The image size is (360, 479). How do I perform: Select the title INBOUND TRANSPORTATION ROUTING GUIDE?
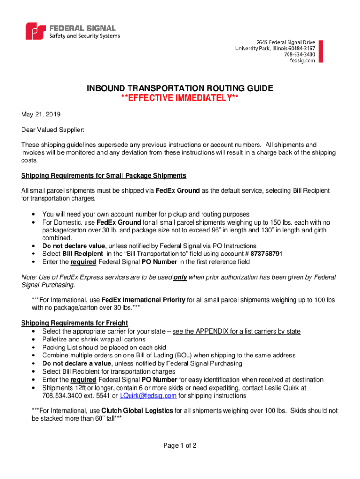point(180,88)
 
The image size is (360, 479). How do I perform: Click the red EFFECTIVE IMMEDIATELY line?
point(180,98)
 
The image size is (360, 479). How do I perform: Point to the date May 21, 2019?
point(41,114)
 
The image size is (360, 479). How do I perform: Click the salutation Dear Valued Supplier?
point(52,130)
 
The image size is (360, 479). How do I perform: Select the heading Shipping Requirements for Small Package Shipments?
point(104,175)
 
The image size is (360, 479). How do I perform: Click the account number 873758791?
point(266,254)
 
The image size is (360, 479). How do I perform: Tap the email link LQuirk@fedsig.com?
point(148,395)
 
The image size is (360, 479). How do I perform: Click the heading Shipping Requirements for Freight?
point(75,323)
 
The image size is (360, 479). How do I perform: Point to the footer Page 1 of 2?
point(180,446)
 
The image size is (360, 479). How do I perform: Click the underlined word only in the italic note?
point(180,277)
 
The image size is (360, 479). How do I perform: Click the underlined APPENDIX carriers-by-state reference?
point(236,331)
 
